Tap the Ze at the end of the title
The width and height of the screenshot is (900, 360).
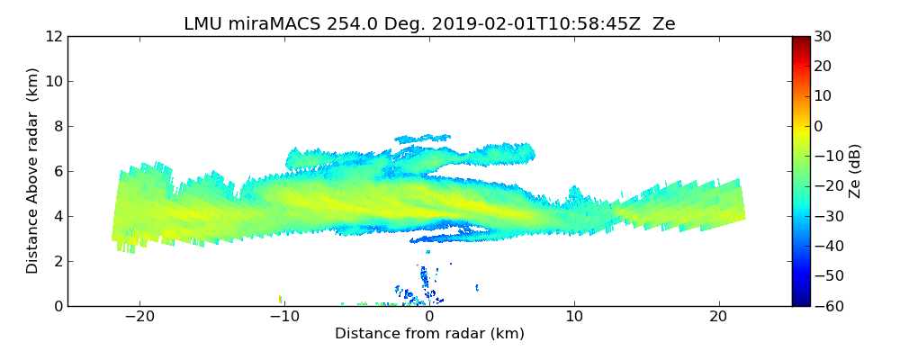663,24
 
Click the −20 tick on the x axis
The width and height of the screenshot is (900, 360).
139,317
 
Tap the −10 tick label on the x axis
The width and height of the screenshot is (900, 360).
284,317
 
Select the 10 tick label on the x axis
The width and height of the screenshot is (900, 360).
573,317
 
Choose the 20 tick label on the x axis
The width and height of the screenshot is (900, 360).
718,317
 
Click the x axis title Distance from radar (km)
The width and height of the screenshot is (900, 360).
429,334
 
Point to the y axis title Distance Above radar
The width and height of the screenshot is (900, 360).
33,171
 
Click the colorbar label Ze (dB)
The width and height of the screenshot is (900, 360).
855,171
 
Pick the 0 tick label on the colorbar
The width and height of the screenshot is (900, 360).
820,126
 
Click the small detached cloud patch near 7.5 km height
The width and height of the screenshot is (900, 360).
423,139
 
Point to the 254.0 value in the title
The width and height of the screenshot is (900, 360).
353,24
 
